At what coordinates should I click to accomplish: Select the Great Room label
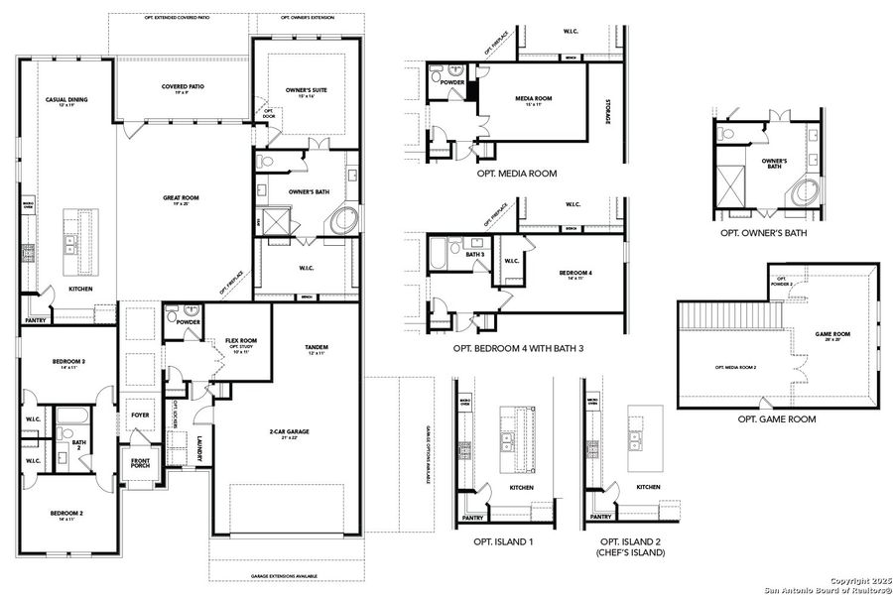click(x=182, y=199)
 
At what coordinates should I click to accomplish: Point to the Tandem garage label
click(x=318, y=348)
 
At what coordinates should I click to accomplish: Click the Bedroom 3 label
click(x=67, y=364)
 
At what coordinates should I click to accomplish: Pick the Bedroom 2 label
click(x=67, y=516)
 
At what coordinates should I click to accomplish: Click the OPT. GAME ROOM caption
click(x=777, y=419)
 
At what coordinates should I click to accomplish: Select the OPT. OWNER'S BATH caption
click(x=764, y=233)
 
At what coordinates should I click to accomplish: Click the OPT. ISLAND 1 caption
click(x=503, y=541)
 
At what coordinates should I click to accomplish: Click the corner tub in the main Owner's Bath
click(x=344, y=220)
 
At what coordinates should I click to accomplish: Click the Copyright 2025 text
click(x=856, y=579)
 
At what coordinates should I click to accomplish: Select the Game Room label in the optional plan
click(x=831, y=335)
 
